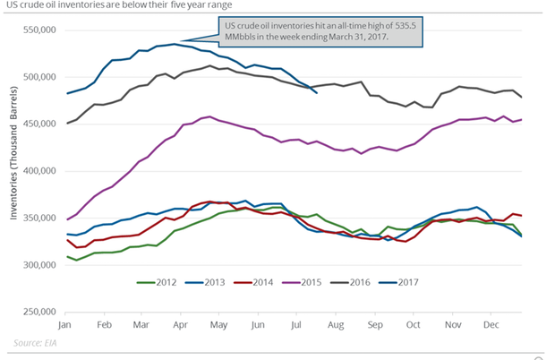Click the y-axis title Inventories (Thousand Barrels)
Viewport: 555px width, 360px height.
(x=12, y=170)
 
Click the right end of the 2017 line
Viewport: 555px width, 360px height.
(x=317, y=91)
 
